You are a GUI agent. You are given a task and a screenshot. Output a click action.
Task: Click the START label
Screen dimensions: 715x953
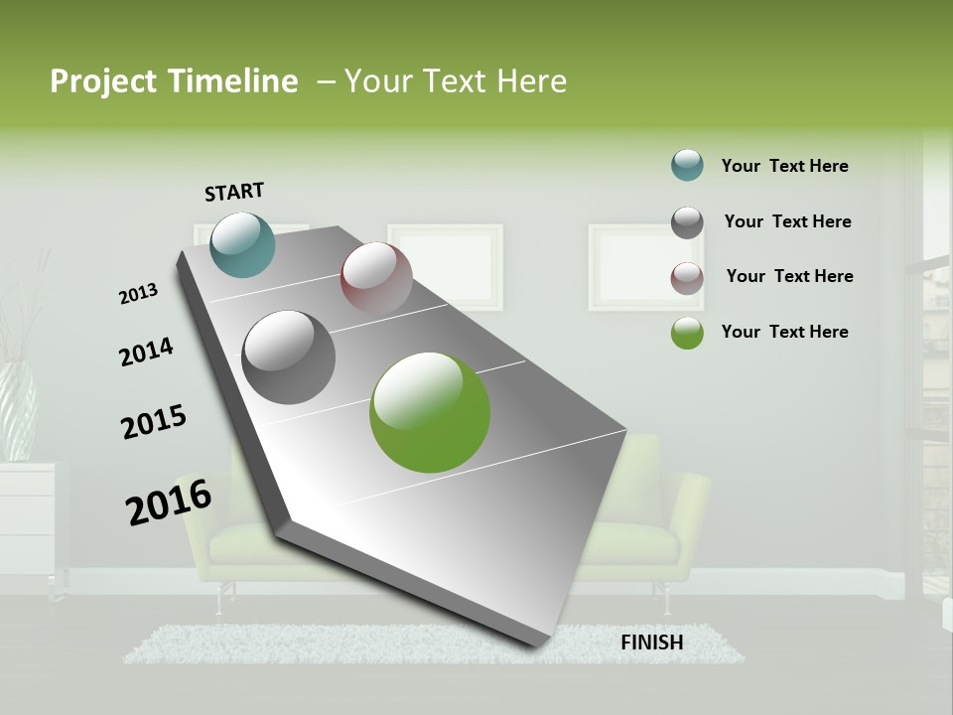[x=234, y=191]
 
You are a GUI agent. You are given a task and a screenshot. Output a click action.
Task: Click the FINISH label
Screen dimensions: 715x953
[x=652, y=643]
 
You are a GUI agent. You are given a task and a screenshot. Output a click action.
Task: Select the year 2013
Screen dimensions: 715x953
[x=138, y=294]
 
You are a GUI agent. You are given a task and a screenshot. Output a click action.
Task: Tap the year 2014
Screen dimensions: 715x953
[x=146, y=352]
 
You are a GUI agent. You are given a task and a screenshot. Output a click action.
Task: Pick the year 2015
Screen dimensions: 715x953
[x=154, y=422]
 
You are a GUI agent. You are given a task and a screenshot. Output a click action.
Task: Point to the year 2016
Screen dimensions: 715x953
[x=169, y=501]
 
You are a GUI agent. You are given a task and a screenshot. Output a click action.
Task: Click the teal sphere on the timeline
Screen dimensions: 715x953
[x=242, y=244]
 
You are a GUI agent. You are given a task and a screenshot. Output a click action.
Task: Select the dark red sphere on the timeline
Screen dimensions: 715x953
[x=376, y=278]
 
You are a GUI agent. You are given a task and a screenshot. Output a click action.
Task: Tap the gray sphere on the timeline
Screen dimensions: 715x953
[x=288, y=357]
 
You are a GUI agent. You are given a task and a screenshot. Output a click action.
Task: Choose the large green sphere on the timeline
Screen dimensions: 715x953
[x=430, y=411]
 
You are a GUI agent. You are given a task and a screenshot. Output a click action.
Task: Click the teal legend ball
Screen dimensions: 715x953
[x=687, y=165]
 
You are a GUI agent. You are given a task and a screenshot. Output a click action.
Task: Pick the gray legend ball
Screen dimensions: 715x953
[x=687, y=222]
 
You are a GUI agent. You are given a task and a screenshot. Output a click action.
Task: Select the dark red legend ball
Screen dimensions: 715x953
[x=687, y=278]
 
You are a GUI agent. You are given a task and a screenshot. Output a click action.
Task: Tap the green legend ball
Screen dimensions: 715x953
[x=687, y=333]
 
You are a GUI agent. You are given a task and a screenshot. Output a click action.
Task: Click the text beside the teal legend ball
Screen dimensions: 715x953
[x=784, y=166]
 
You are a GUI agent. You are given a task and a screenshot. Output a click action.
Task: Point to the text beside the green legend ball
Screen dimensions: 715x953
[x=784, y=332]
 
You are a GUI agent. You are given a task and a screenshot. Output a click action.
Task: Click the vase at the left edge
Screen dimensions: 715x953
[x=17, y=407]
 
